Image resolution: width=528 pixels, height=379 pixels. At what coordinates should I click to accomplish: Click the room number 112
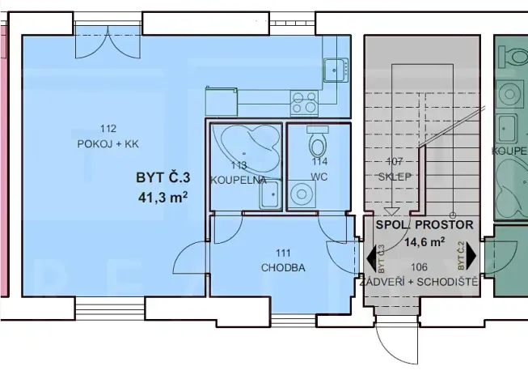click(x=109, y=128)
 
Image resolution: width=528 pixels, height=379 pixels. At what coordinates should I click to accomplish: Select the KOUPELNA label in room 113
click(x=238, y=179)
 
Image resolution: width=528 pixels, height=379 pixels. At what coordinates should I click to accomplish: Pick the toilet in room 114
click(x=318, y=146)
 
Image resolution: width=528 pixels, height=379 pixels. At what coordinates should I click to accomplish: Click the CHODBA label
click(x=283, y=268)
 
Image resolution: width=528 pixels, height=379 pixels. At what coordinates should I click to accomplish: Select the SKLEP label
click(x=394, y=176)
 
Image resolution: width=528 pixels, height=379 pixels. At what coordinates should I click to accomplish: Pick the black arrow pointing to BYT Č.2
click(x=471, y=259)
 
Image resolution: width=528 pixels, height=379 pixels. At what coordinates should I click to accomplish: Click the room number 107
click(x=394, y=160)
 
